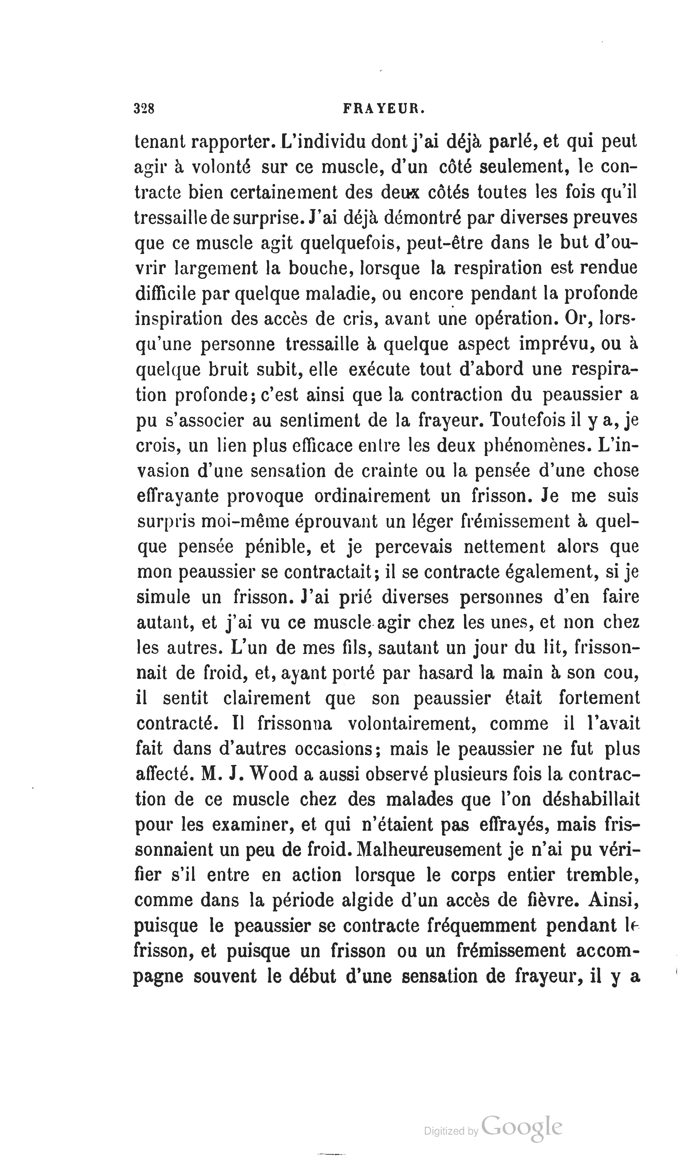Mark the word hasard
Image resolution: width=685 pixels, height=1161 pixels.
pos(446,673)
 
